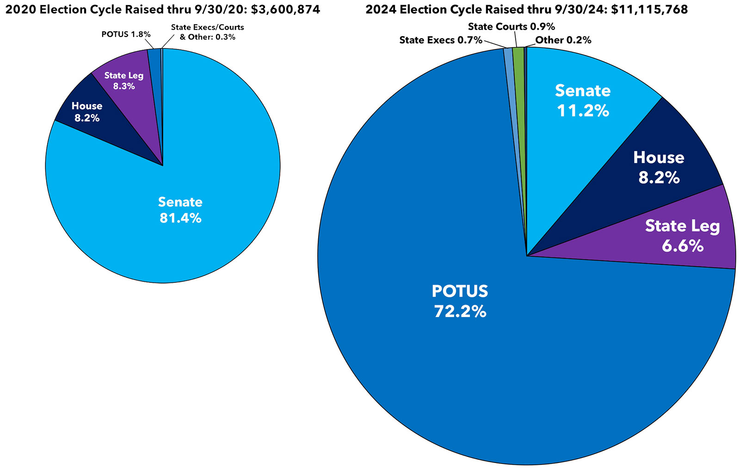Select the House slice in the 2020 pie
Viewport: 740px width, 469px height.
[x=92, y=125]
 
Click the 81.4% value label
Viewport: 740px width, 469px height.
[x=180, y=218]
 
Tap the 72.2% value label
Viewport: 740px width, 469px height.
[x=460, y=311]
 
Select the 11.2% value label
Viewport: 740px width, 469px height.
[x=583, y=111]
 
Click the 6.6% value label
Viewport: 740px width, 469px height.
[x=683, y=246]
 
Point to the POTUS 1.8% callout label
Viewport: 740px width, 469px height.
[x=126, y=34]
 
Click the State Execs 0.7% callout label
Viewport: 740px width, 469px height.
[x=440, y=40]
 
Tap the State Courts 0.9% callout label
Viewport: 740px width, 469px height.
[x=511, y=27]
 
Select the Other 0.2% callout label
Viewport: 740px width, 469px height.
[x=563, y=40]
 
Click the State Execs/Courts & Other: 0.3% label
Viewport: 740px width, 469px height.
[x=207, y=32]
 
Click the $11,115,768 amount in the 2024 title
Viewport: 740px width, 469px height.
[x=649, y=9]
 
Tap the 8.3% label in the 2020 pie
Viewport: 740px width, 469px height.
[x=124, y=86]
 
